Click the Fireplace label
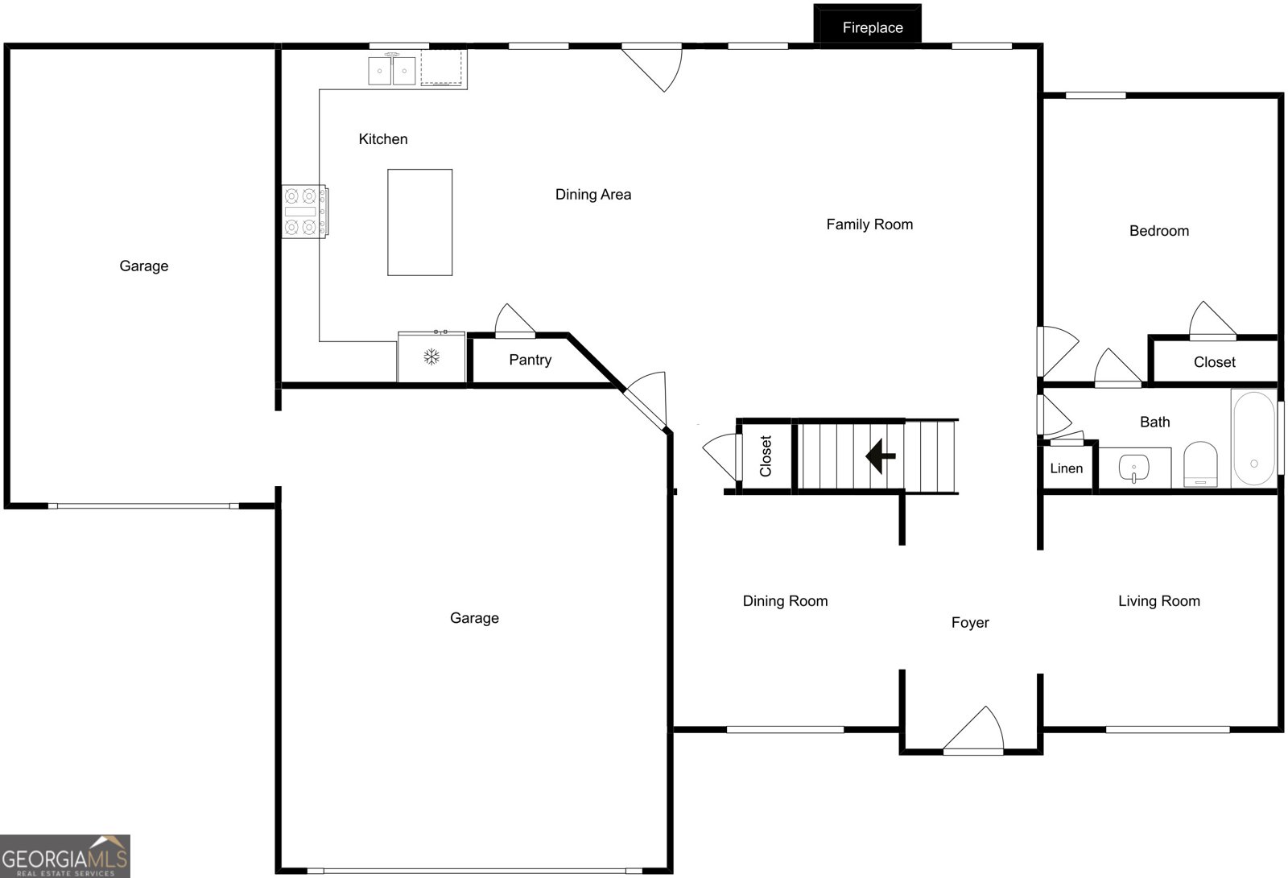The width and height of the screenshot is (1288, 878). point(873,27)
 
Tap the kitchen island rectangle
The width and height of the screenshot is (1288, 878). point(419,223)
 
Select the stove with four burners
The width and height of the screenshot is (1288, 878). point(305,212)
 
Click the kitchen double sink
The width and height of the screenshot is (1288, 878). point(391,70)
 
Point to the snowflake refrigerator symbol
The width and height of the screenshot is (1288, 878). point(431,357)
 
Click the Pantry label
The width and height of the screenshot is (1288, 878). point(530,360)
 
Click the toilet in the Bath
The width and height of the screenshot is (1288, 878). point(1200,464)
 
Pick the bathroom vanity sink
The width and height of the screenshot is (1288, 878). point(1134,468)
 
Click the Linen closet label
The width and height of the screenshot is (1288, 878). point(1066,468)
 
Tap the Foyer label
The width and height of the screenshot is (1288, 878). point(970,623)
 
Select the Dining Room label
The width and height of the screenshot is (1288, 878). point(786,601)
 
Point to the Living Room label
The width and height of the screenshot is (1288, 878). point(1159,601)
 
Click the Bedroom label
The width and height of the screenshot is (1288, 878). point(1159,231)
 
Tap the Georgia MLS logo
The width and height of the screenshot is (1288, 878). point(65,856)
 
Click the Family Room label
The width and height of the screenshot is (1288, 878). point(869,225)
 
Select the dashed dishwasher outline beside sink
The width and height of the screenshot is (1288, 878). point(442,68)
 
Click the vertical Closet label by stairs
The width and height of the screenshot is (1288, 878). point(766,456)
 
